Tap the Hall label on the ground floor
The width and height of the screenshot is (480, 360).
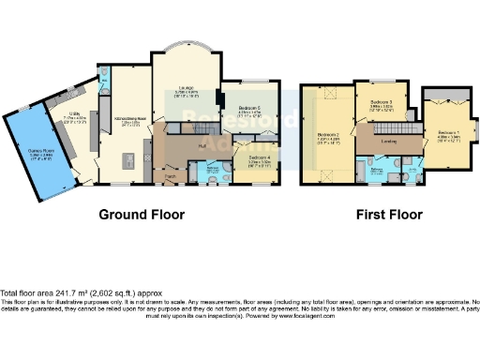[x=202, y=145]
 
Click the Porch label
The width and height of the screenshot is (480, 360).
[x=171, y=176]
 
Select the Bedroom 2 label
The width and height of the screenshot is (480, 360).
[x=327, y=137]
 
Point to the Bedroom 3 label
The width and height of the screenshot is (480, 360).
[x=380, y=104]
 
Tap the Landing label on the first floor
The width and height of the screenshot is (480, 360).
[x=388, y=142]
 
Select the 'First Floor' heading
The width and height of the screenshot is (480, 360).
[x=386, y=214]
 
